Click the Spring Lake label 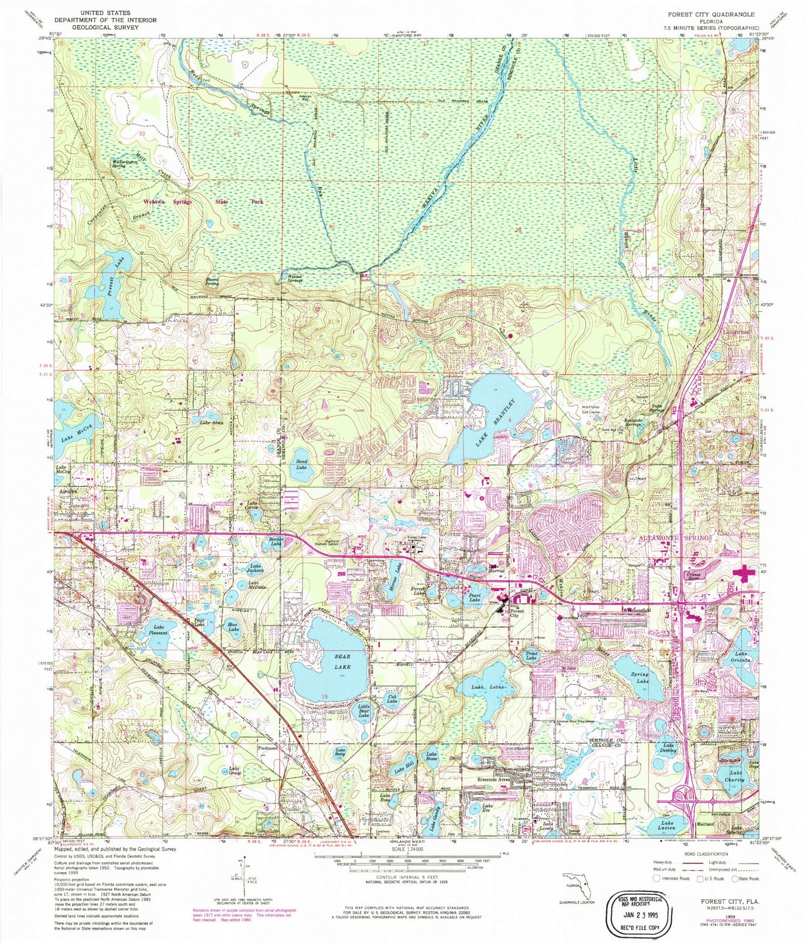pyautogui.click(x=639, y=678)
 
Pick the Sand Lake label pyautogui.click(x=301, y=464)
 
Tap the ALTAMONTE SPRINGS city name pyautogui.click(x=676, y=538)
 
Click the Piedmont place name pyautogui.click(x=268, y=748)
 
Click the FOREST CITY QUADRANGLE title pyautogui.click(x=711, y=15)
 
